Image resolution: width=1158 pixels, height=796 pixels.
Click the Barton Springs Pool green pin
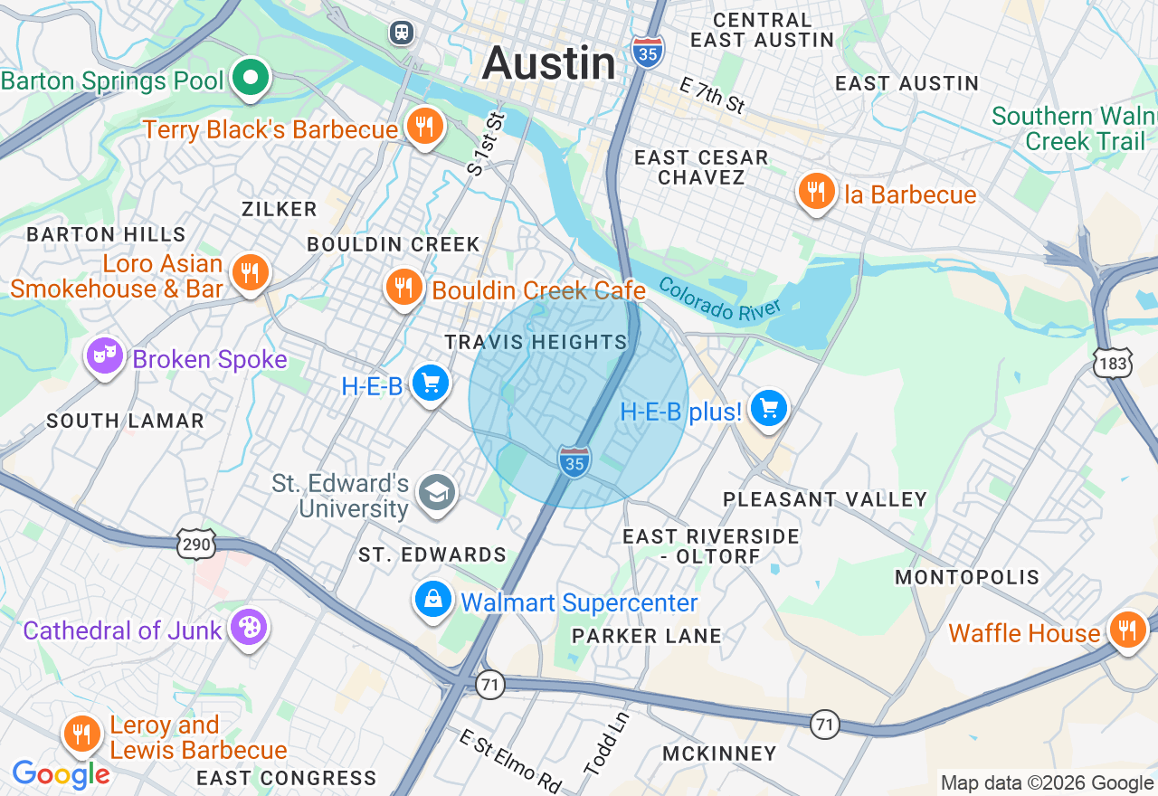click(251, 79)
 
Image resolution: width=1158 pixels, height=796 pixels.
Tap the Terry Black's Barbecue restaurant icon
click(422, 127)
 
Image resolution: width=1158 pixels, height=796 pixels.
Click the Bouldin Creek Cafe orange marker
click(403, 287)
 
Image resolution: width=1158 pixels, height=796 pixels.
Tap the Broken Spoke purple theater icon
click(105, 356)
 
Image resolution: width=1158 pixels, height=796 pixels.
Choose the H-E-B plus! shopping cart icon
click(769, 409)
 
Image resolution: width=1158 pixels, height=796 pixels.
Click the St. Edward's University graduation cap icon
click(437, 493)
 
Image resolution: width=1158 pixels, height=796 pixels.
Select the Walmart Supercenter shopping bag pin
click(433, 600)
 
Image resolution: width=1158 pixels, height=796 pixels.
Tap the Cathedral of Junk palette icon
click(247, 627)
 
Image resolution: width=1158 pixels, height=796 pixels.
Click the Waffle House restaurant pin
click(1126, 630)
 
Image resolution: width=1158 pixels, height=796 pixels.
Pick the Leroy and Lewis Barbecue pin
click(82, 734)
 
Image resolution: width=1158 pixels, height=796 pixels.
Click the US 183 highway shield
click(1112, 362)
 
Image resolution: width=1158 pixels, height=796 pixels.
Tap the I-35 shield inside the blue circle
click(574, 461)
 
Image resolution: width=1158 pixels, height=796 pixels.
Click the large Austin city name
click(549, 64)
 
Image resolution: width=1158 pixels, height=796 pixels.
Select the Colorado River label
click(719, 299)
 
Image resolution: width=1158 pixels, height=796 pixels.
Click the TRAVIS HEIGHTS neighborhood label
click(536, 342)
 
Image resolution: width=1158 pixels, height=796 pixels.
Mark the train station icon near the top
click(401, 33)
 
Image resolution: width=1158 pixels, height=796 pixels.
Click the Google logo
click(61, 775)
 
